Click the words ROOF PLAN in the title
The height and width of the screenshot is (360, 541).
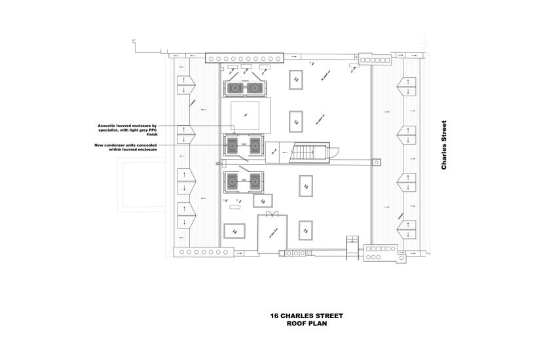307,323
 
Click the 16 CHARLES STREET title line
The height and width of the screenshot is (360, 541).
307,316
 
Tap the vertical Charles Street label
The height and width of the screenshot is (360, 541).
444,145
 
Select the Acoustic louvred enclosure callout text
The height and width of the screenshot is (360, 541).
127,129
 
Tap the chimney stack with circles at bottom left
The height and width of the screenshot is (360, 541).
196,252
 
